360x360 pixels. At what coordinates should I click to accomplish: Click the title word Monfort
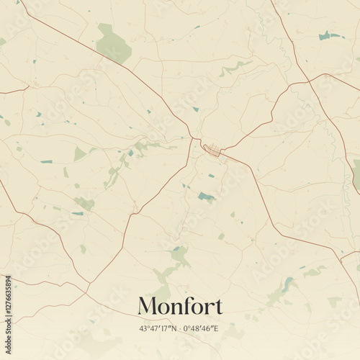point(180,306)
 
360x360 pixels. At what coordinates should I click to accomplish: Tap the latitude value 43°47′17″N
point(158,328)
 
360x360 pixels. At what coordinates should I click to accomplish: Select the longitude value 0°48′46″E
point(201,328)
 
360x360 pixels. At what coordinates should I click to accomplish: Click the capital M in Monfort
point(148,306)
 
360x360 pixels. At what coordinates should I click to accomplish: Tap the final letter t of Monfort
point(218,307)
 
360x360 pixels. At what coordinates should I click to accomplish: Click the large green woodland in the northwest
point(113,45)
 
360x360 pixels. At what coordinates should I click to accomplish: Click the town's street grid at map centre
point(212,150)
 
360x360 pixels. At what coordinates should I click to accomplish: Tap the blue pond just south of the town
point(206,196)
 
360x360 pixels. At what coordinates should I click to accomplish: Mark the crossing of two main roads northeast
point(310,81)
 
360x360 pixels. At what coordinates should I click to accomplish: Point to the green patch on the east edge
point(356,173)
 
